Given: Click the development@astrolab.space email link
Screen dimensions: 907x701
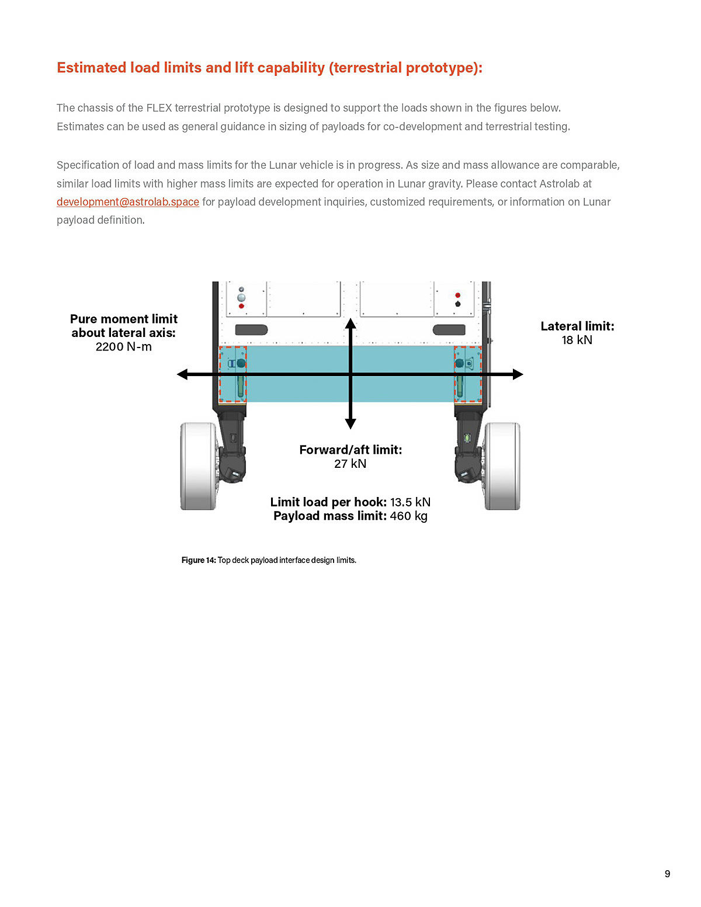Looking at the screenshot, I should tap(128, 202).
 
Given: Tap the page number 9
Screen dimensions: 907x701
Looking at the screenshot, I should tap(667, 874).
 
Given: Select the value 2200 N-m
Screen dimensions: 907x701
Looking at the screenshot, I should tap(123, 347).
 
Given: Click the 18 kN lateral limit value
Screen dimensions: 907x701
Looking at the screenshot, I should tap(577, 340).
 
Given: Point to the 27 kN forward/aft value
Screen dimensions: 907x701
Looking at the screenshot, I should tap(350, 464).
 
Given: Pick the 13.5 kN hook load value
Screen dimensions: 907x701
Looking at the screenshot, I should tap(410, 502).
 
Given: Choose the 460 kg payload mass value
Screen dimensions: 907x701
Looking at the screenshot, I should tap(408, 516).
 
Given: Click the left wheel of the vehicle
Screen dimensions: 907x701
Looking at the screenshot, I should tap(198, 466).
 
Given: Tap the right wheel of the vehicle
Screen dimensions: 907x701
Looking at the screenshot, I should tap(502, 466).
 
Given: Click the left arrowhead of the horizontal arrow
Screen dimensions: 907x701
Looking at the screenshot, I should tap(183, 374).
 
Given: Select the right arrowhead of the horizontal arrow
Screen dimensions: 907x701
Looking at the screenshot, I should tap(518, 374).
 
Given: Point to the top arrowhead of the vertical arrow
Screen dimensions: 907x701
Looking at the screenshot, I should tap(350, 324).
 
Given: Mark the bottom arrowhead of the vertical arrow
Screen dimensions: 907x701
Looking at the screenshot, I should tap(350, 423).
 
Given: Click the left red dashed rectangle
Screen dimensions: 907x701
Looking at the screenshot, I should tap(233, 374).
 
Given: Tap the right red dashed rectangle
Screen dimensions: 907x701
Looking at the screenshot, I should tap(468, 374).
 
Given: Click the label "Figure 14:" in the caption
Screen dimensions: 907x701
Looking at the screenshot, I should tap(199, 560).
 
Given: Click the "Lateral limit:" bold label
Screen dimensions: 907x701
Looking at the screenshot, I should tap(577, 326).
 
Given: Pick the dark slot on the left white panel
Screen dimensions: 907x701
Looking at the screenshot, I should tap(251, 330).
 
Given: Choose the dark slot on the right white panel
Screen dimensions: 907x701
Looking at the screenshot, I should tap(449, 330).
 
